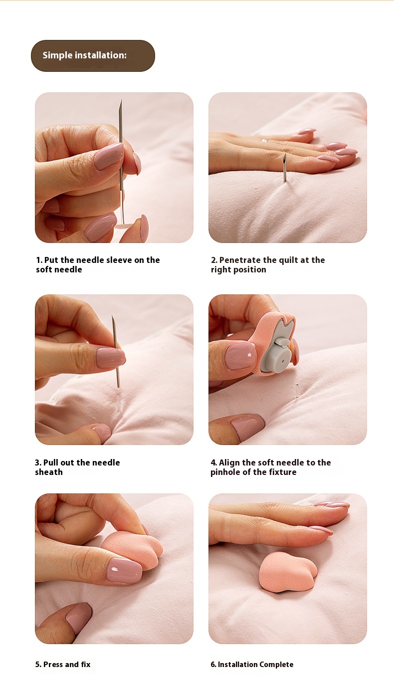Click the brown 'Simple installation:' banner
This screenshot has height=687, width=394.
(x=93, y=56)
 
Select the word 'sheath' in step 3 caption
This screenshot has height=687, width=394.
(x=49, y=472)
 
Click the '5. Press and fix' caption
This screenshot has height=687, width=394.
(x=63, y=665)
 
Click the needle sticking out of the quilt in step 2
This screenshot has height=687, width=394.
(x=285, y=168)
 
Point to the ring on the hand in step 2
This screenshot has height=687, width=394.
(x=264, y=141)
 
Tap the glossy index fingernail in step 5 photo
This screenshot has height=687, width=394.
(x=124, y=570)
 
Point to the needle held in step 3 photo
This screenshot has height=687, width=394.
(x=116, y=351)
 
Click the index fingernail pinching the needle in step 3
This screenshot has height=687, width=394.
(x=110, y=357)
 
